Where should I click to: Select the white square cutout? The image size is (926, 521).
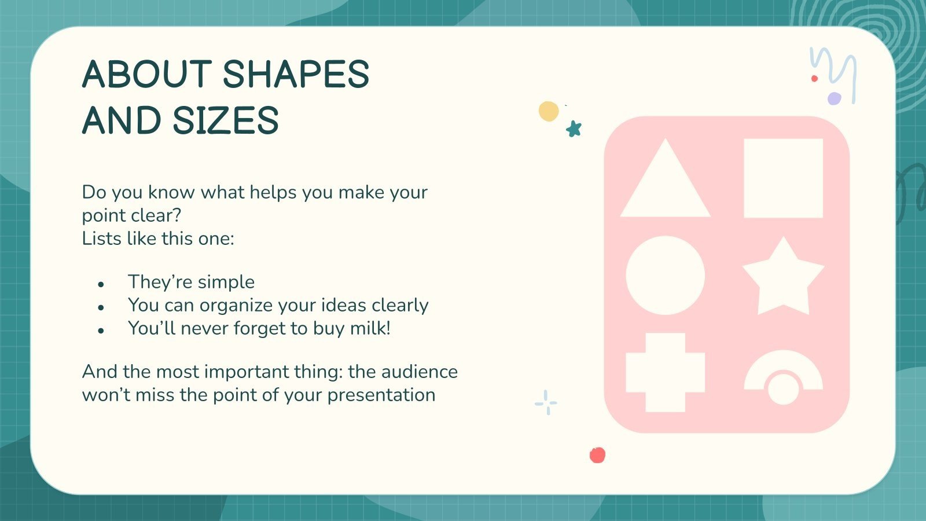point(783,178)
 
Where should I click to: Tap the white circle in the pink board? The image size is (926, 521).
point(666,275)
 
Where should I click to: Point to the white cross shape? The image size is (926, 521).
point(666,372)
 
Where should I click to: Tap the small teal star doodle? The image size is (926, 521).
point(574,129)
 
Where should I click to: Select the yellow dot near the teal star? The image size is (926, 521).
point(548,111)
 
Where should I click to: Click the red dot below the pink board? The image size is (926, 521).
point(597,455)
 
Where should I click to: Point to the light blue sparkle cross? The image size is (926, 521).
point(546,402)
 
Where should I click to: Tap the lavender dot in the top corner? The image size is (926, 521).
point(834,98)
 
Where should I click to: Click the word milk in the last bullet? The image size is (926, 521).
point(370,328)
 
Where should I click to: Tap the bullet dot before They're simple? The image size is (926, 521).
point(101,284)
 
